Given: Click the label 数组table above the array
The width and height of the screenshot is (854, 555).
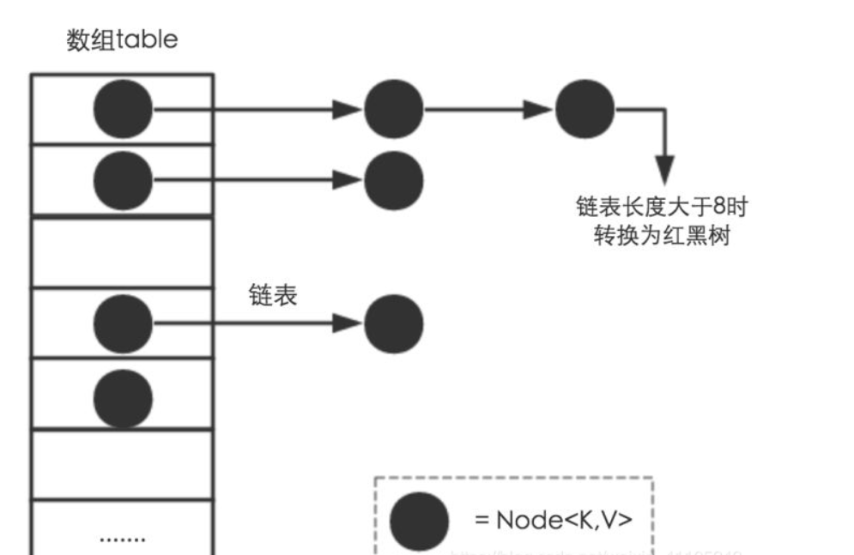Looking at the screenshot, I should point(122,40).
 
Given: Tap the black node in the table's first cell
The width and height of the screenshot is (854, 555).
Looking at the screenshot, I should point(122,109).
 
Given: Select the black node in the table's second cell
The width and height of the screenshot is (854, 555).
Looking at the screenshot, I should point(122,180).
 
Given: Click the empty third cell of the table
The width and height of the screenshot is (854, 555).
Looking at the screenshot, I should point(122,252).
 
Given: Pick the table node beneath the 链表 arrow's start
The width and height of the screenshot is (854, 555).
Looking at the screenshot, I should point(122,323).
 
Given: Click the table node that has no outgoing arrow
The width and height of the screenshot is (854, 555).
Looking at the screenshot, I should point(122,395).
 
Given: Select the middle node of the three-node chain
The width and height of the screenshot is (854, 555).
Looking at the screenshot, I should point(394,109).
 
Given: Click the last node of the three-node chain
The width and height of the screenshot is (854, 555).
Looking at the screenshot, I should point(584,109).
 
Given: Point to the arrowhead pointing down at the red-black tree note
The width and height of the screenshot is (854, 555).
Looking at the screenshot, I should point(663,167).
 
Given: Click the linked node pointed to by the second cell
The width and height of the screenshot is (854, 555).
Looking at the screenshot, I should point(394,180).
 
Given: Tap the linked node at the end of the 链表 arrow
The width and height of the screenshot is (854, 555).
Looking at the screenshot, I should point(394,323).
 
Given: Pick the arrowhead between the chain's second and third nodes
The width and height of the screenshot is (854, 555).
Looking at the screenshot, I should point(538,109).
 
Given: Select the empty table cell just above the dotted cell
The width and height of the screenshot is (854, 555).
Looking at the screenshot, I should point(122,466).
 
